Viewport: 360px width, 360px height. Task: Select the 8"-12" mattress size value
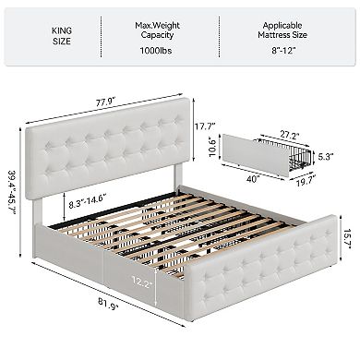point(285,52)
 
